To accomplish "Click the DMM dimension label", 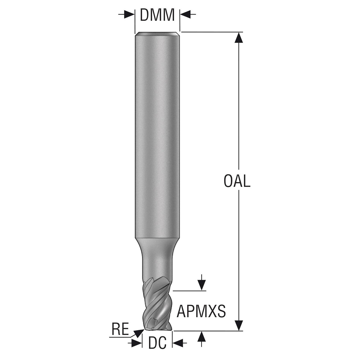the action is click(157, 15).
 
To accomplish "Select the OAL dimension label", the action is click(237, 181).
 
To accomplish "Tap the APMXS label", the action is click(201, 311).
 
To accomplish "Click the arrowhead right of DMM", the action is click(185, 14).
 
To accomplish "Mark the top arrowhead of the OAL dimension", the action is click(239, 38).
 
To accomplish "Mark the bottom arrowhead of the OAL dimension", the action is click(239, 325).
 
